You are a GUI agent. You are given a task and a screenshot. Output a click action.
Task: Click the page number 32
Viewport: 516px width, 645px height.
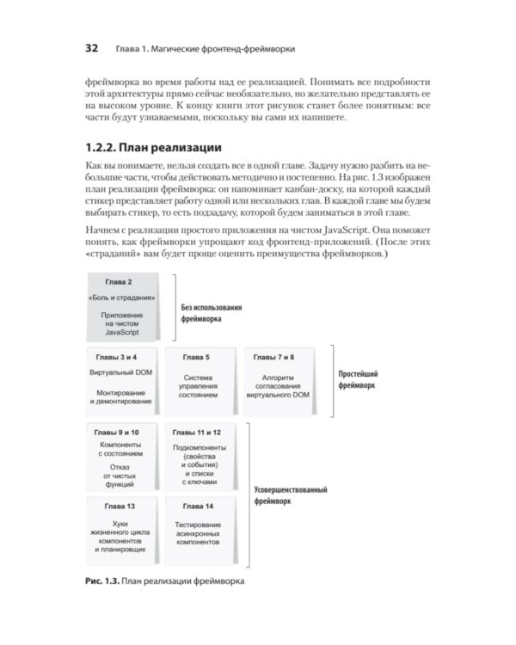coord(95,48)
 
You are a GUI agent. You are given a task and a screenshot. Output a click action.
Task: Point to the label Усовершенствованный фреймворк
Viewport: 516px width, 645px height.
coord(292,496)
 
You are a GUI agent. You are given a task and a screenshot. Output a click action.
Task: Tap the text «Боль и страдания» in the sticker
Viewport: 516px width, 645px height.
coord(121,298)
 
